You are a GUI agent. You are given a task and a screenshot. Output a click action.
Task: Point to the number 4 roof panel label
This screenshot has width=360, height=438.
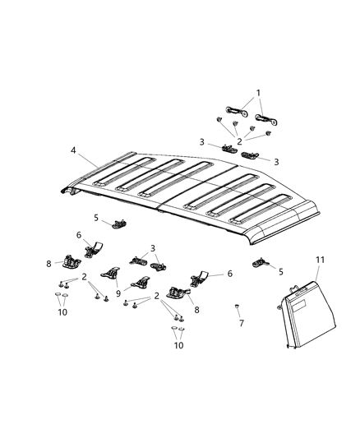pyautogui.click(x=73, y=151)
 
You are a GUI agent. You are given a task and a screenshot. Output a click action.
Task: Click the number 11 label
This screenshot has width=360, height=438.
pyautogui.click(x=321, y=260)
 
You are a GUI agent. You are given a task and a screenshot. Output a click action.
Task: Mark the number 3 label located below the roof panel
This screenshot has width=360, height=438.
pyautogui.click(x=153, y=247)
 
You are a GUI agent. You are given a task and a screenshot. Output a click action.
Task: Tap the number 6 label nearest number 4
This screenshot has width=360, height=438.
pyautogui.click(x=79, y=235)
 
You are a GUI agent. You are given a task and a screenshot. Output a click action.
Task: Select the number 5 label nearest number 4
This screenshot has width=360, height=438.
pyautogui.click(x=95, y=217)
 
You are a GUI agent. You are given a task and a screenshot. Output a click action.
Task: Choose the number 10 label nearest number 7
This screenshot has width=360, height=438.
pyautogui.click(x=178, y=345)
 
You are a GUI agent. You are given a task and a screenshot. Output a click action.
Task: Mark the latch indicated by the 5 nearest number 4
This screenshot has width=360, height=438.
pyautogui.click(x=119, y=224)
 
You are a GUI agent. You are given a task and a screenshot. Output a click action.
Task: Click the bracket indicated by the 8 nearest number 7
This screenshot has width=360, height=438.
pyautogui.click(x=178, y=292)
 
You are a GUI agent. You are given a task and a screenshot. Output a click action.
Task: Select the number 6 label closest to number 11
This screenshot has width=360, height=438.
pyautogui.click(x=229, y=274)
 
